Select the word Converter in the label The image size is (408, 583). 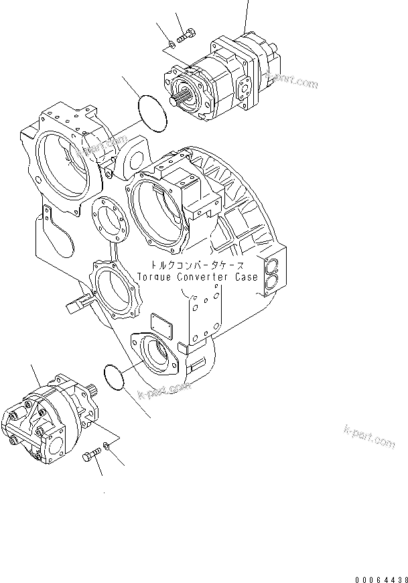pos(202,276)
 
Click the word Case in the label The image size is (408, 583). pos(245,276)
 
